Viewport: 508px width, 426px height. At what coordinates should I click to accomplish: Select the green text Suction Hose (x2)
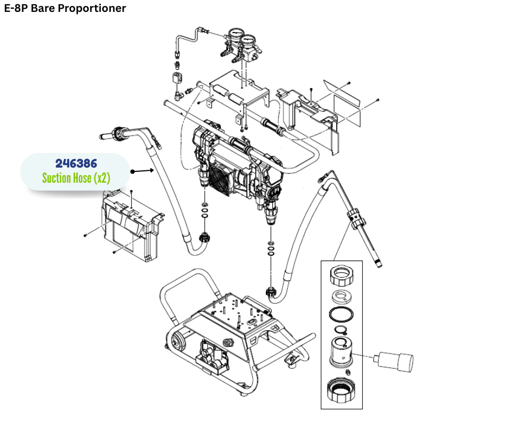76,178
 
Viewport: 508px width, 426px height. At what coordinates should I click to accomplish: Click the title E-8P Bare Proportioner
65,9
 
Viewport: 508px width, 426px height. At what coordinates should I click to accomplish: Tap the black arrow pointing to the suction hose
142,171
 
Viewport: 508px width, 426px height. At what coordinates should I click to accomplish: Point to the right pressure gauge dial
249,41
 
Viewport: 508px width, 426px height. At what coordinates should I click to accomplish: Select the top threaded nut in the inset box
341,276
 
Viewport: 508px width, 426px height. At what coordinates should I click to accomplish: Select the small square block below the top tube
177,78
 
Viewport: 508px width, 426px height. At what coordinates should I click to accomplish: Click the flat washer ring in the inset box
340,296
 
